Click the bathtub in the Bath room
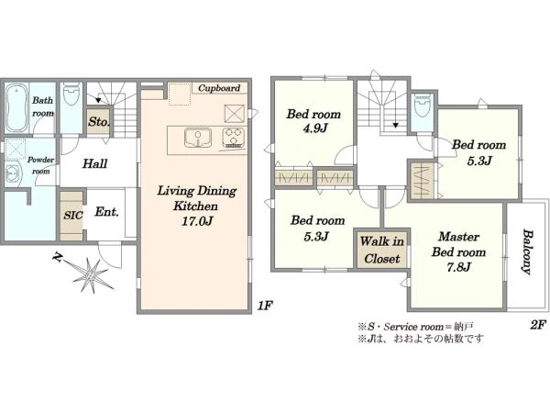coord(17,107)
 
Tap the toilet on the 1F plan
coord(71,94)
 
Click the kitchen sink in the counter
coord(198,138)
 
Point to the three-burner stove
coord(234,138)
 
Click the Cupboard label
coord(219,88)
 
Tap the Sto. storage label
coord(99,122)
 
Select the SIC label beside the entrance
coord(73,215)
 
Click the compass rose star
coord(91,273)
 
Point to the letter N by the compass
coord(57,258)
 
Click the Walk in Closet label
coord(382,250)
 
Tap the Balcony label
coord(527,251)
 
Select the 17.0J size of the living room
coord(197,221)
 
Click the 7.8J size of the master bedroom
coord(458,268)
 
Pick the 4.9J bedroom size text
coord(315,128)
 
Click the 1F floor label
coord(265,306)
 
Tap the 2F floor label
coord(538,325)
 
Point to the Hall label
coord(94,163)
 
